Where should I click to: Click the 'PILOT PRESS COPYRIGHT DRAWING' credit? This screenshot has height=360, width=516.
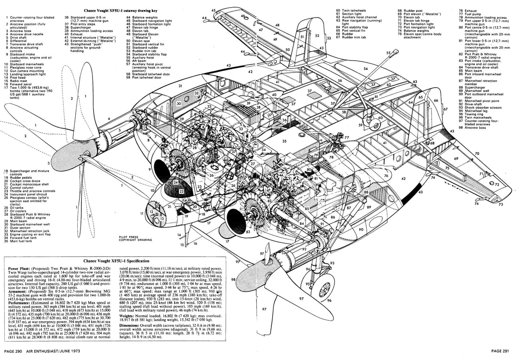135,239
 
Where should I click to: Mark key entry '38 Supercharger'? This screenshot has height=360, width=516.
80,27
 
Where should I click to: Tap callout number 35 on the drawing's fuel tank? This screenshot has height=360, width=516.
284,141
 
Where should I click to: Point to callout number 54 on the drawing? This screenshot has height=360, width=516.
365,69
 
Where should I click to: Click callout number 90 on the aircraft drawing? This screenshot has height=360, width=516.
361,229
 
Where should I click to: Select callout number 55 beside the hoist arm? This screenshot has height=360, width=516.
388,53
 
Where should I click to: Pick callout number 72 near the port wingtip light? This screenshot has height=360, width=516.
497,185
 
